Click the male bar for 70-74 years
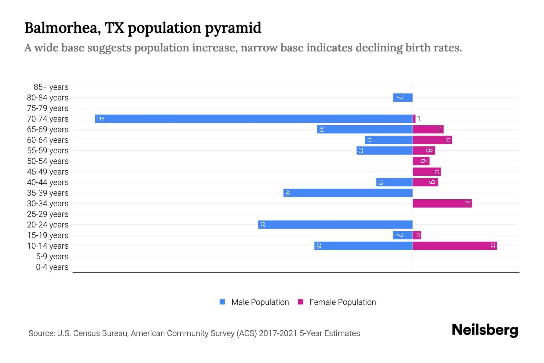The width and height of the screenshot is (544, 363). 254,119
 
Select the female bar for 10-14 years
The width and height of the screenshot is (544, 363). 455,246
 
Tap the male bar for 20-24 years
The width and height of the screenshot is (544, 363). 335,224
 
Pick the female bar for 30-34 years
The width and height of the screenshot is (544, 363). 442,203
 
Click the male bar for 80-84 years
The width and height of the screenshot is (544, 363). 403,97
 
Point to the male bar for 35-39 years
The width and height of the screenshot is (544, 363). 348,193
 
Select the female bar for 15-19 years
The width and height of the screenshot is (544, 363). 417,235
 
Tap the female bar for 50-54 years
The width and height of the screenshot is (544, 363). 421,161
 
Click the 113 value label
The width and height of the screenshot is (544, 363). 100,119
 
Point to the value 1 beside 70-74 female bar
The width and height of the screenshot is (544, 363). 419,119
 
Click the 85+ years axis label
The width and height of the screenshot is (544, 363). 51,87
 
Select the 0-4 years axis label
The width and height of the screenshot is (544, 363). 52,267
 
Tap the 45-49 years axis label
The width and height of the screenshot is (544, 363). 48,172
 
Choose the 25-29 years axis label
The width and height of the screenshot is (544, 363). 48,214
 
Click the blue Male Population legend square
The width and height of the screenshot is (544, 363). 222,302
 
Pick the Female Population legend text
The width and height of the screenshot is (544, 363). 342,302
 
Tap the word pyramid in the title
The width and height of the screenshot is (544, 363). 233,28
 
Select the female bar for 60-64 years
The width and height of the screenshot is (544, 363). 432,140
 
